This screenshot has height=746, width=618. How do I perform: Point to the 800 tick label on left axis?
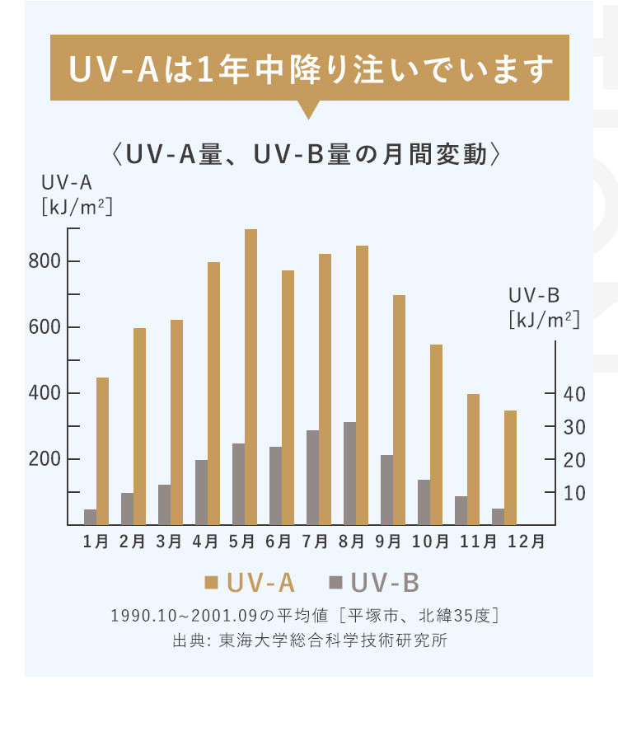(x=46, y=261)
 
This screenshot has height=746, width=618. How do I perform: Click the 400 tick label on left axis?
(x=46, y=393)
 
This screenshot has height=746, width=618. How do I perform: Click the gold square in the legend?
(x=211, y=583)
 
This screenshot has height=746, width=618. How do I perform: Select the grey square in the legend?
(x=335, y=583)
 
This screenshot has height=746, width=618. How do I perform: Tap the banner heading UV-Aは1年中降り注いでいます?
(x=309, y=69)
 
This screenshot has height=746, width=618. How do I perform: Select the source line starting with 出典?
(x=309, y=640)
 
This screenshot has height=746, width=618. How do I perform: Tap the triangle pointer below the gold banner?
(x=309, y=110)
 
